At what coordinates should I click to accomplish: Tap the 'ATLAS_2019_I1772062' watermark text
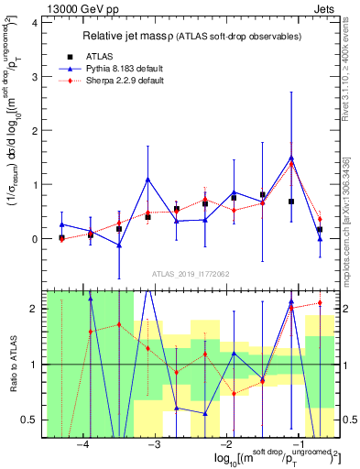click(191, 274)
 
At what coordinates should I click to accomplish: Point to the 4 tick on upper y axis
click(36, 23)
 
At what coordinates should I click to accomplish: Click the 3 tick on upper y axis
click(36, 77)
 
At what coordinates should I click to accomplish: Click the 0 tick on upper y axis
click(36, 239)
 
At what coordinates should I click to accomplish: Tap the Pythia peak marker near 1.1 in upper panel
click(147, 180)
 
